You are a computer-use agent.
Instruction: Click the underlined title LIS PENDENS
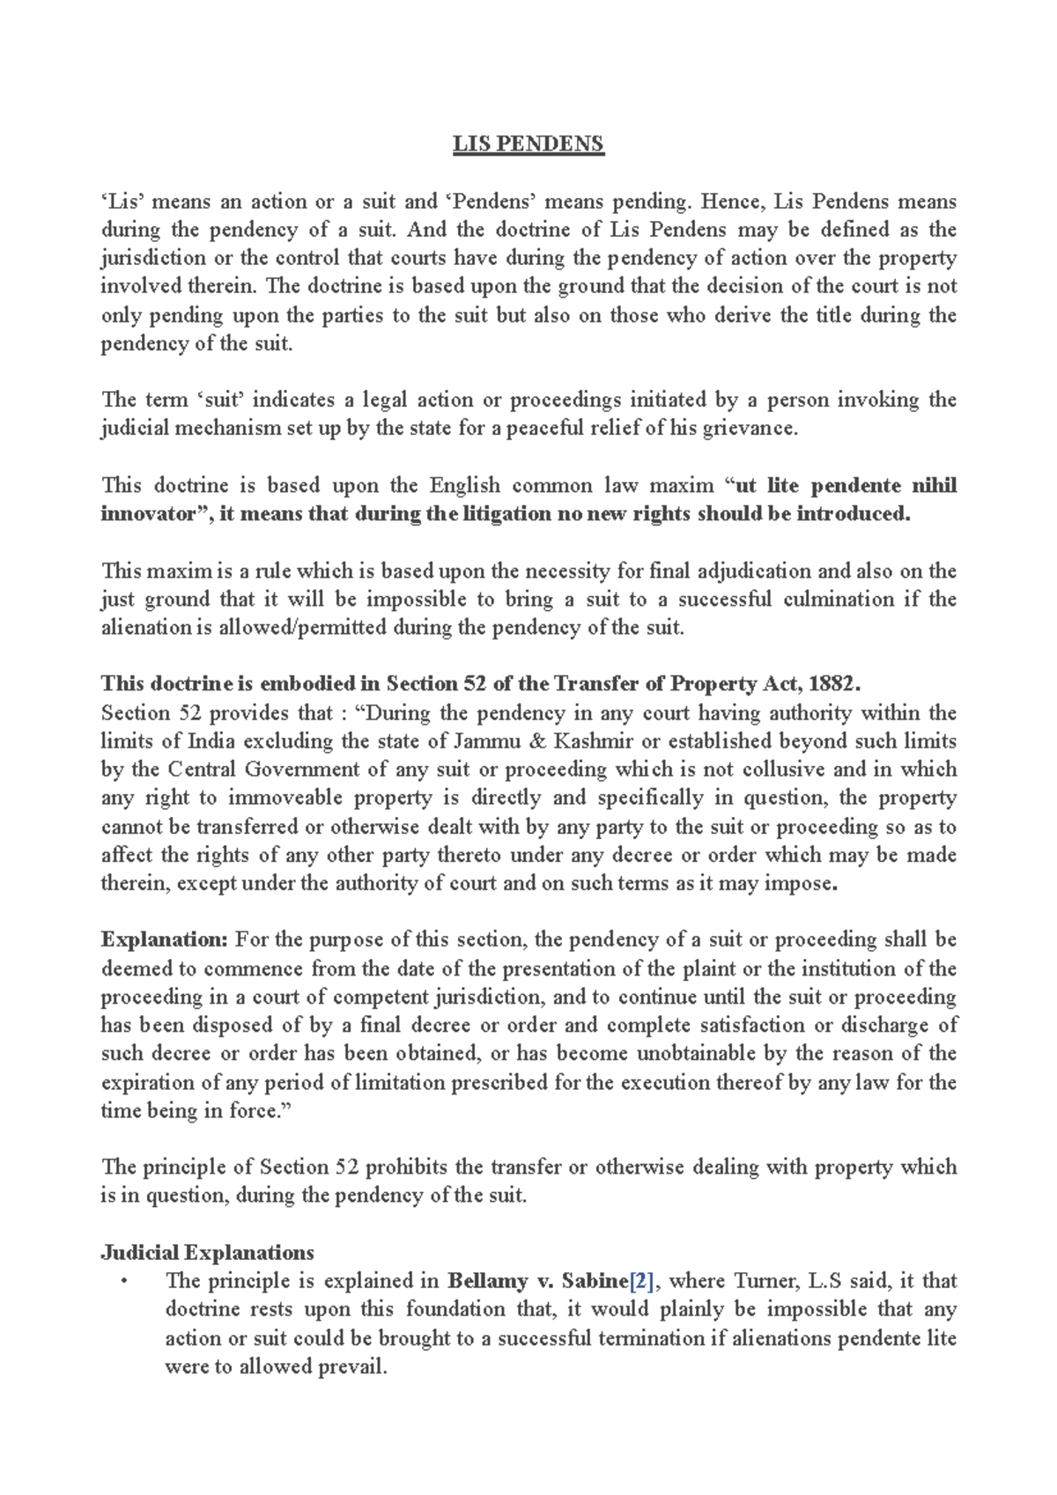[x=528, y=144]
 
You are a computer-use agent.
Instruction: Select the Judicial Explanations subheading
[x=207, y=1252]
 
